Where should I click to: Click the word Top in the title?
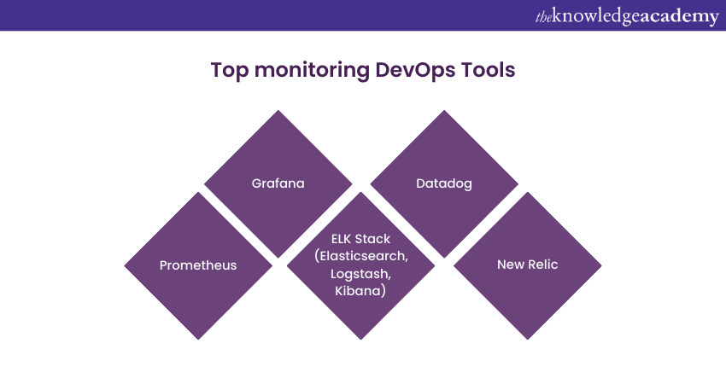(x=229, y=70)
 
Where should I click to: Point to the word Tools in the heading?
(x=488, y=70)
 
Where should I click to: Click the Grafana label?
(x=278, y=183)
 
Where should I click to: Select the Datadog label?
(x=444, y=183)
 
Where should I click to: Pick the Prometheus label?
(x=198, y=265)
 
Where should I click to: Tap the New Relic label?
(x=527, y=265)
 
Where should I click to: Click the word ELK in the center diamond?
(x=343, y=239)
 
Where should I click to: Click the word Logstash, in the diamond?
(x=360, y=274)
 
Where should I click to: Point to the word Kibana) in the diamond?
(x=360, y=292)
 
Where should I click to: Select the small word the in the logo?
(x=543, y=16)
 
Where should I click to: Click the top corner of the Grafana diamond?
(x=278, y=110)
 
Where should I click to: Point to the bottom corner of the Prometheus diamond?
(x=198, y=339)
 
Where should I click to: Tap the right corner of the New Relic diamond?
(x=601, y=265)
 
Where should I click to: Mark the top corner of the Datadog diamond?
(x=444, y=110)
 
